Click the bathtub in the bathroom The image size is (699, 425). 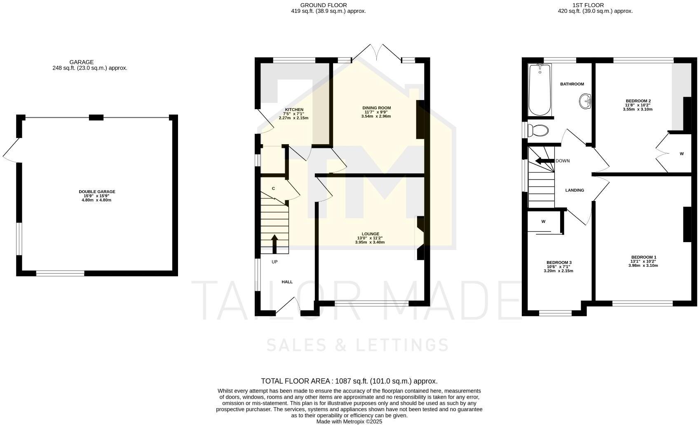[x=539, y=90]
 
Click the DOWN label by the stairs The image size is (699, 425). [x=563, y=161]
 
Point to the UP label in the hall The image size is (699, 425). [x=274, y=262]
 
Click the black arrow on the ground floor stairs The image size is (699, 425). [x=274, y=243]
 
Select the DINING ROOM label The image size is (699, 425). [x=376, y=108]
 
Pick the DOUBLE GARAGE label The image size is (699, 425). [x=97, y=191]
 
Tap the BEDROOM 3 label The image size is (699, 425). [x=558, y=262]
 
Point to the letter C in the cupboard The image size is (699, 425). [x=273, y=189]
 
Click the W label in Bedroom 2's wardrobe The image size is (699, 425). [x=682, y=154]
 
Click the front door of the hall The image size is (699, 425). [x=288, y=305]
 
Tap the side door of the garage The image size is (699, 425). [x=11, y=150]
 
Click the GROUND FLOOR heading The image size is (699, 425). [x=324, y=5]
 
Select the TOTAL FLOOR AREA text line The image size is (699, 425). [x=349, y=381]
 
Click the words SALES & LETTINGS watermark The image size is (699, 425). [x=357, y=345]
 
